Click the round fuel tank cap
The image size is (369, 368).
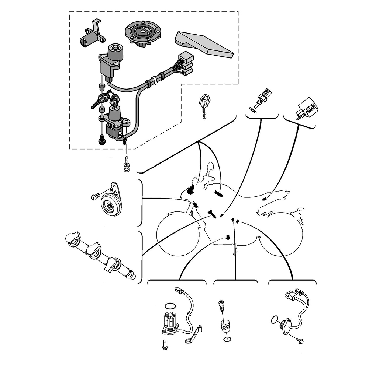coord(142,33)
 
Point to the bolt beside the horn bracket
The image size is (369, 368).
coord(95,197)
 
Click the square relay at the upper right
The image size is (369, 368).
coord(306,109)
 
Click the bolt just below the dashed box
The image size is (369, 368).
coord(127,164)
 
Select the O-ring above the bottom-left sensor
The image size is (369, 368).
coord(169,305)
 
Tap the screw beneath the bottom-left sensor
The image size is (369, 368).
coord(164,344)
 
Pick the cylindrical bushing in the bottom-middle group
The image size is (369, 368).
coord(224,326)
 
